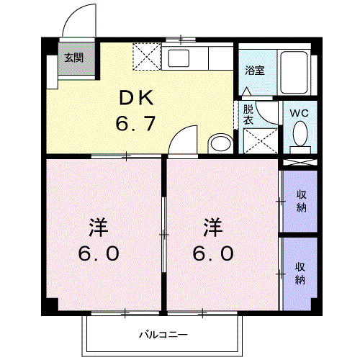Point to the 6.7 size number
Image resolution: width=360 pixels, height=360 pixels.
pos(135,124)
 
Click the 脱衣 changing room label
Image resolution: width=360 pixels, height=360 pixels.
pos(248,114)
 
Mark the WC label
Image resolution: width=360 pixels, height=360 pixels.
pos(299,112)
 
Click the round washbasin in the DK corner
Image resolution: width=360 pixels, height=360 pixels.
pos(220,143)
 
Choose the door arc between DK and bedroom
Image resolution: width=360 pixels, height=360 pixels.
pos(184,138)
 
